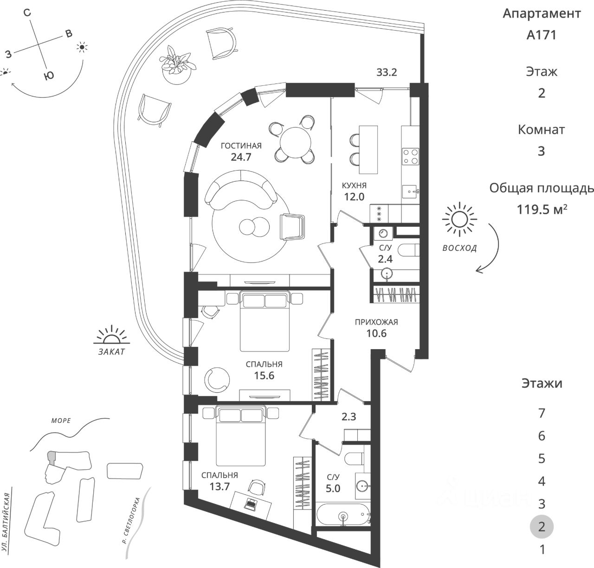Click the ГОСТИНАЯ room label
tap(241, 146)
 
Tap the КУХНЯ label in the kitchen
tap(354, 185)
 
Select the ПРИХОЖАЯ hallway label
tap(376, 322)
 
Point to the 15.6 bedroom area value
tap(264, 376)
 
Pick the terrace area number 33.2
tap(387, 72)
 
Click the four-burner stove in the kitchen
tap(411, 156)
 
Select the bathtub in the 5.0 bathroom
tap(343, 515)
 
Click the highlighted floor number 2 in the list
tap(541, 526)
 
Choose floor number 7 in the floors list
tap(541, 413)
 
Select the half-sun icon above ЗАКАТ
tap(111, 335)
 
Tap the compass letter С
tap(27, 13)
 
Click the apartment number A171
tap(541, 35)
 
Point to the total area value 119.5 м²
tap(541, 210)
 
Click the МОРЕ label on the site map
tap(61, 421)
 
